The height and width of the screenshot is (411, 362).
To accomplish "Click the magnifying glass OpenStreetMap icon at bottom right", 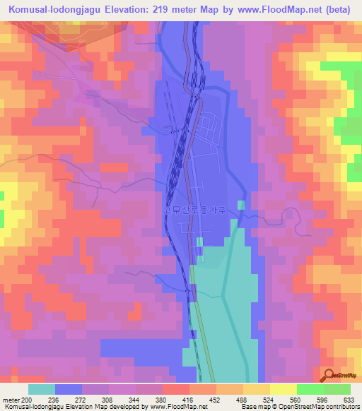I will click(x=328, y=376).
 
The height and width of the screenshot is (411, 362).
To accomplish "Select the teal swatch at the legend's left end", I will click(x=42, y=389).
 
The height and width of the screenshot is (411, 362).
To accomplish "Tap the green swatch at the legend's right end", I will click(x=337, y=389).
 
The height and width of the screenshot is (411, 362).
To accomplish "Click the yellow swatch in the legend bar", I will click(x=256, y=389).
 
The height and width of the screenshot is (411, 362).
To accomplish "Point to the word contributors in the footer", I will click(x=340, y=407).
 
